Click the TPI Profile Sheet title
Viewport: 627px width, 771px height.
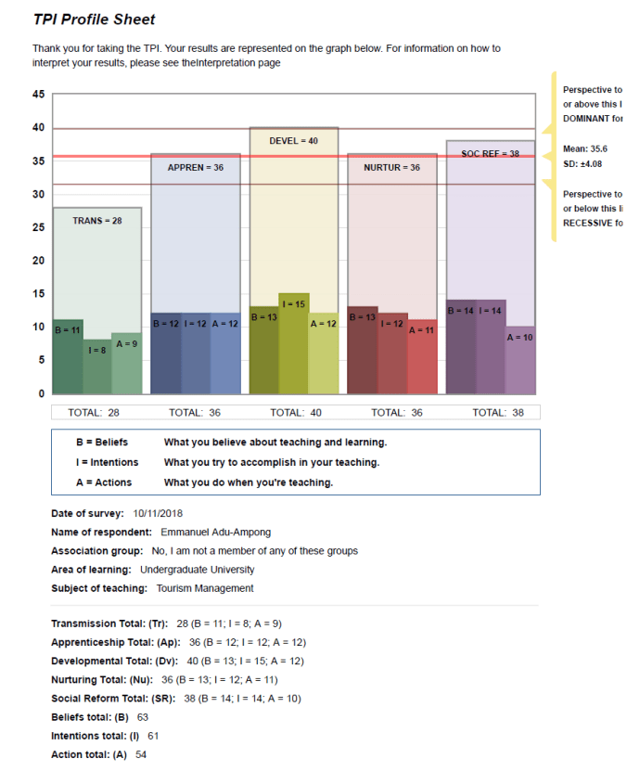pyautogui.click(x=94, y=19)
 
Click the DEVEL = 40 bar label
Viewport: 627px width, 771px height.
pyautogui.click(x=293, y=141)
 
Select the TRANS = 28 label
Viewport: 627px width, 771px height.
pyautogui.click(x=97, y=221)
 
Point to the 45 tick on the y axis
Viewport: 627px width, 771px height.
pyautogui.click(x=38, y=95)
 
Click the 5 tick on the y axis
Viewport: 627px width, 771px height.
pyautogui.click(x=41, y=360)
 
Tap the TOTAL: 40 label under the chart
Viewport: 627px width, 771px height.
pyautogui.click(x=294, y=412)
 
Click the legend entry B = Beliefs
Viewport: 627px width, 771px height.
pyautogui.click(x=102, y=443)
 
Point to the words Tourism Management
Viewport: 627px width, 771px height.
pyautogui.click(x=205, y=588)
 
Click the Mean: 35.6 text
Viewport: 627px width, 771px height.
pyautogui.click(x=585, y=148)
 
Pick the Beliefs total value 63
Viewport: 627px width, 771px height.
pyautogui.click(x=143, y=717)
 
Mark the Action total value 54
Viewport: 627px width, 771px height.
pyautogui.click(x=141, y=754)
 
